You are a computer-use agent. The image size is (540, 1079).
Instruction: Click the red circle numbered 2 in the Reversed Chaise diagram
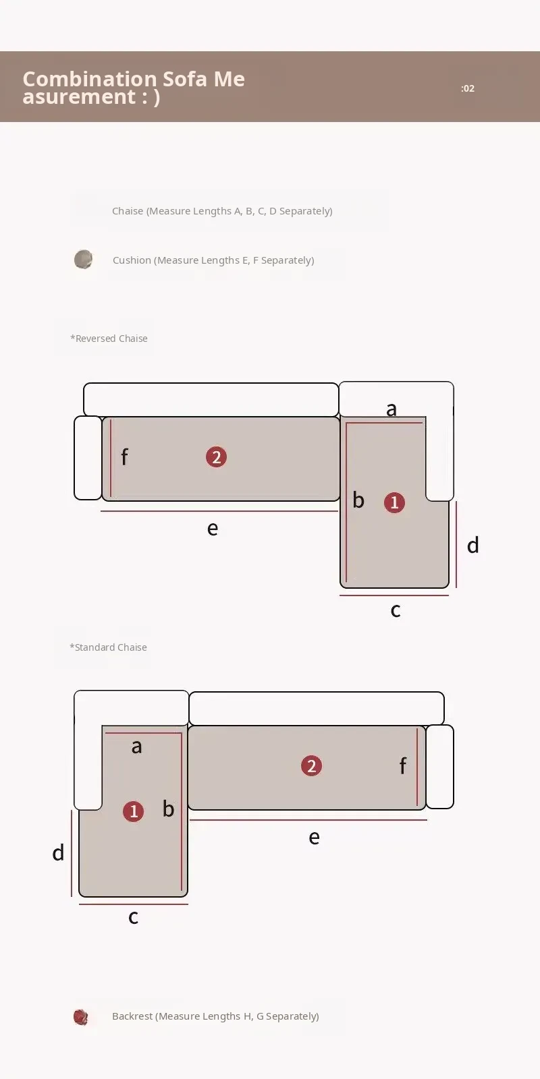click(216, 457)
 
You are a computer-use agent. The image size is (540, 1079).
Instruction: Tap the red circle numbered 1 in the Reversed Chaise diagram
click(394, 502)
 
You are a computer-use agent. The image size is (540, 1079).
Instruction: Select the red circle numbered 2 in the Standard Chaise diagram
click(311, 765)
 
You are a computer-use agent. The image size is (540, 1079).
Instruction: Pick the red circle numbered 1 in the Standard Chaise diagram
click(134, 811)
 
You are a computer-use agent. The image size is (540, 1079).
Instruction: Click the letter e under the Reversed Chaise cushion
click(213, 529)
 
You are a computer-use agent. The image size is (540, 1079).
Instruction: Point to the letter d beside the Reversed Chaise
click(473, 545)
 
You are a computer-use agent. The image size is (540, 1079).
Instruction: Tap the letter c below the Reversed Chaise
click(396, 610)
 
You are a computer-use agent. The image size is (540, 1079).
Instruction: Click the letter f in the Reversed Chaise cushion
click(124, 456)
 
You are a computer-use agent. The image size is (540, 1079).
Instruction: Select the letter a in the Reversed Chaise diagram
click(391, 409)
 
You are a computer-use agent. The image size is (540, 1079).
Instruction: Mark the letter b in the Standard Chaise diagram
click(168, 809)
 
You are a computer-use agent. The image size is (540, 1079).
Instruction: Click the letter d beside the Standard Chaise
click(58, 852)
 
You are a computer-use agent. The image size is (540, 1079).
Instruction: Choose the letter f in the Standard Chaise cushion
click(403, 765)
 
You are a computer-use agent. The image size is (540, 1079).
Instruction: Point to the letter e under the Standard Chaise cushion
click(314, 838)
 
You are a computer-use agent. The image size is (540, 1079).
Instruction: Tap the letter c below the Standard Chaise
click(134, 916)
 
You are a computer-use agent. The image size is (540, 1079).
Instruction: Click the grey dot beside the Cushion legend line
click(84, 259)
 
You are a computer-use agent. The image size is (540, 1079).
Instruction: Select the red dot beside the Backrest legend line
click(80, 1017)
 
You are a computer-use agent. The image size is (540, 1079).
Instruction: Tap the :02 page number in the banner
click(468, 88)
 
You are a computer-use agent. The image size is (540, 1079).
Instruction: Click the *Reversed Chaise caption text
click(109, 338)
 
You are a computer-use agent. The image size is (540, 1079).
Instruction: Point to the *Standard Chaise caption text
click(109, 647)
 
